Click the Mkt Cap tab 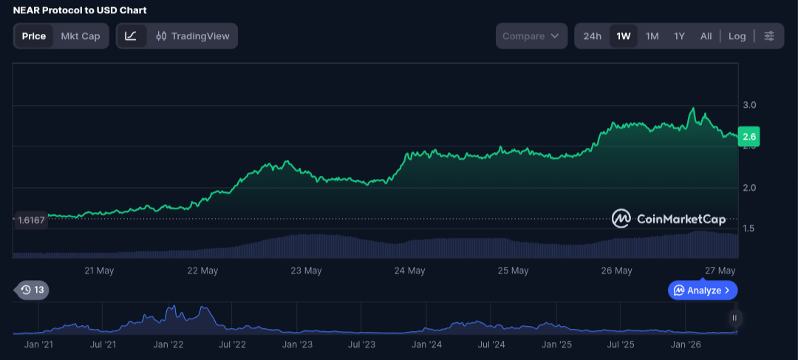click(x=81, y=36)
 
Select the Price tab click(x=33, y=36)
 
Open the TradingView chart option click(x=193, y=36)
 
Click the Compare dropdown click(x=531, y=36)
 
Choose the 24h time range click(x=593, y=36)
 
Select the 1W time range click(x=624, y=36)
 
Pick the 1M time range click(x=652, y=36)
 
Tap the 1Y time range click(x=680, y=36)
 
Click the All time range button click(x=706, y=36)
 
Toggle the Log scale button click(x=737, y=36)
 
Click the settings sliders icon click(x=769, y=36)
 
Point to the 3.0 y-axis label click(x=750, y=106)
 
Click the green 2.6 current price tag click(x=749, y=137)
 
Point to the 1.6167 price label click(x=31, y=220)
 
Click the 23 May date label click(x=306, y=271)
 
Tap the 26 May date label click(x=616, y=271)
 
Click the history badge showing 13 click(x=33, y=291)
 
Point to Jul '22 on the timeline click(x=232, y=344)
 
